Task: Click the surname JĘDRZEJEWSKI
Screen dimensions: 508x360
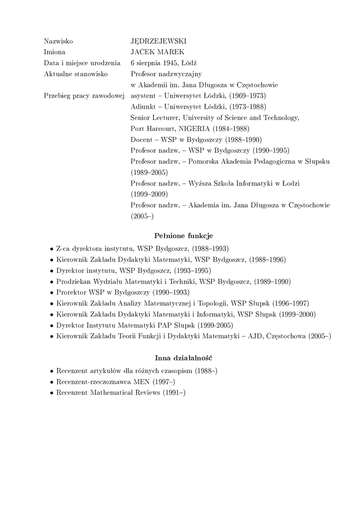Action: point(158,41)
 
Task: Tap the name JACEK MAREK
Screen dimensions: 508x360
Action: point(157,52)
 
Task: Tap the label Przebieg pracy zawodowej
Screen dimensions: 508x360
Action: point(84,95)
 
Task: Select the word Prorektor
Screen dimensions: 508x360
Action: point(72,292)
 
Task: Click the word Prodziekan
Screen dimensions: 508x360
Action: point(73,281)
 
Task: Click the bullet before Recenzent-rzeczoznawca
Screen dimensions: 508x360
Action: point(52,382)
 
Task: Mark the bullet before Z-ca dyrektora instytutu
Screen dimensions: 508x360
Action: point(52,249)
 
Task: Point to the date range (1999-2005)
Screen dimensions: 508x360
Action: point(215,325)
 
